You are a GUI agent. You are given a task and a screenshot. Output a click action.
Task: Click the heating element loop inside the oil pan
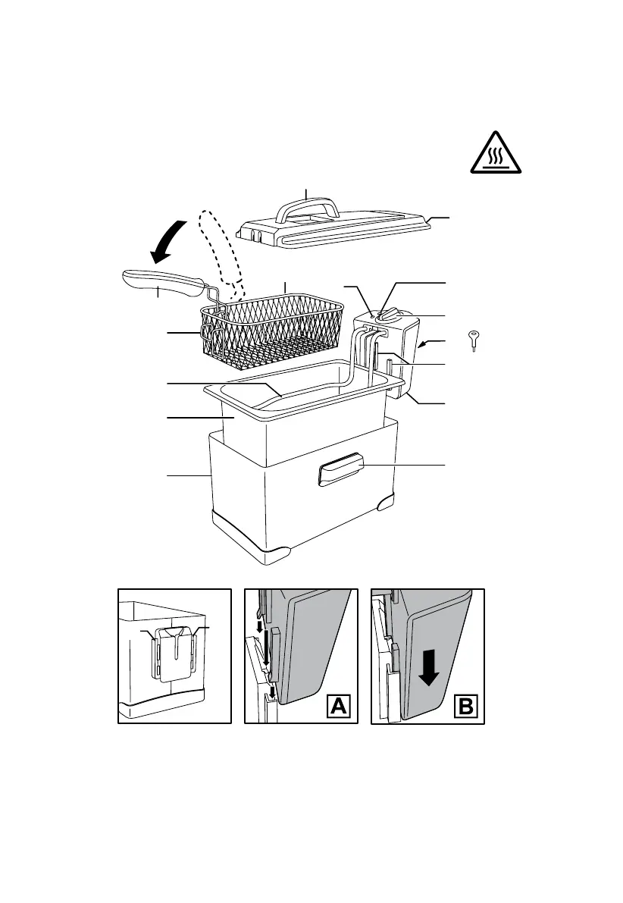303,392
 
